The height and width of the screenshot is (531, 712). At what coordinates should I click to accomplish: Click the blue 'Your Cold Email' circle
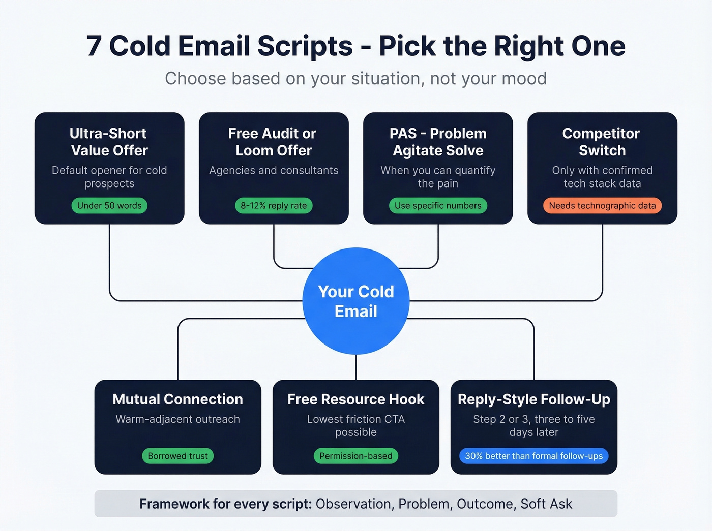[x=356, y=301]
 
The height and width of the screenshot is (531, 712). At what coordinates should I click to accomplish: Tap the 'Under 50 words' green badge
[x=109, y=206]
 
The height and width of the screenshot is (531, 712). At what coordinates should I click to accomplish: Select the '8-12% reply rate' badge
[x=274, y=206]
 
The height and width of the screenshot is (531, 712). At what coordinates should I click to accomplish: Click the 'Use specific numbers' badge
[x=438, y=206]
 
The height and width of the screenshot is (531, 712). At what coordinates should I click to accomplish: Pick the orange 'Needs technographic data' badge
[x=602, y=206]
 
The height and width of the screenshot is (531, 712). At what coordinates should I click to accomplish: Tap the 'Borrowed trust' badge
[x=177, y=456]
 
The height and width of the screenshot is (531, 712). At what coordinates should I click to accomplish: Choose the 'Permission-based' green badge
[x=355, y=456]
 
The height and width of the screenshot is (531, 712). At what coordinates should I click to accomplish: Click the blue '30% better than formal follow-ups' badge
[x=533, y=456]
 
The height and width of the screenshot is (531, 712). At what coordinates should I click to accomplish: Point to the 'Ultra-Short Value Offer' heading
[x=109, y=142]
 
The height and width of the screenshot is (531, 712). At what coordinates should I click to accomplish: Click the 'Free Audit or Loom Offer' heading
[x=273, y=142]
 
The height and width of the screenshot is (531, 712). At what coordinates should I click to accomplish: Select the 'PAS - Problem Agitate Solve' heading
[x=438, y=142]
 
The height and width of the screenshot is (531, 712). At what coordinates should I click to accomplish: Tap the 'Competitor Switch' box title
[x=602, y=142]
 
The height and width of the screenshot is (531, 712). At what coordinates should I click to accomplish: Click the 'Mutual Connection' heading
[x=177, y=399]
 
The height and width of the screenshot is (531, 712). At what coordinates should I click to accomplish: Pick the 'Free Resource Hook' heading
[x=355, y=399]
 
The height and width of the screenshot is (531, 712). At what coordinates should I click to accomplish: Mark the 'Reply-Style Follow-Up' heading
[x=533, y=399]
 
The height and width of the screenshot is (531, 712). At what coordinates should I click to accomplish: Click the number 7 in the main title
[x=94, y=46]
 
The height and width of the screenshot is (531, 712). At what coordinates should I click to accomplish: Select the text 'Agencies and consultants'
[x=274, y=170]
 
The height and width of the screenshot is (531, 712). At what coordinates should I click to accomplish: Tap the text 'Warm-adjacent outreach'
[x=177, y=419]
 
